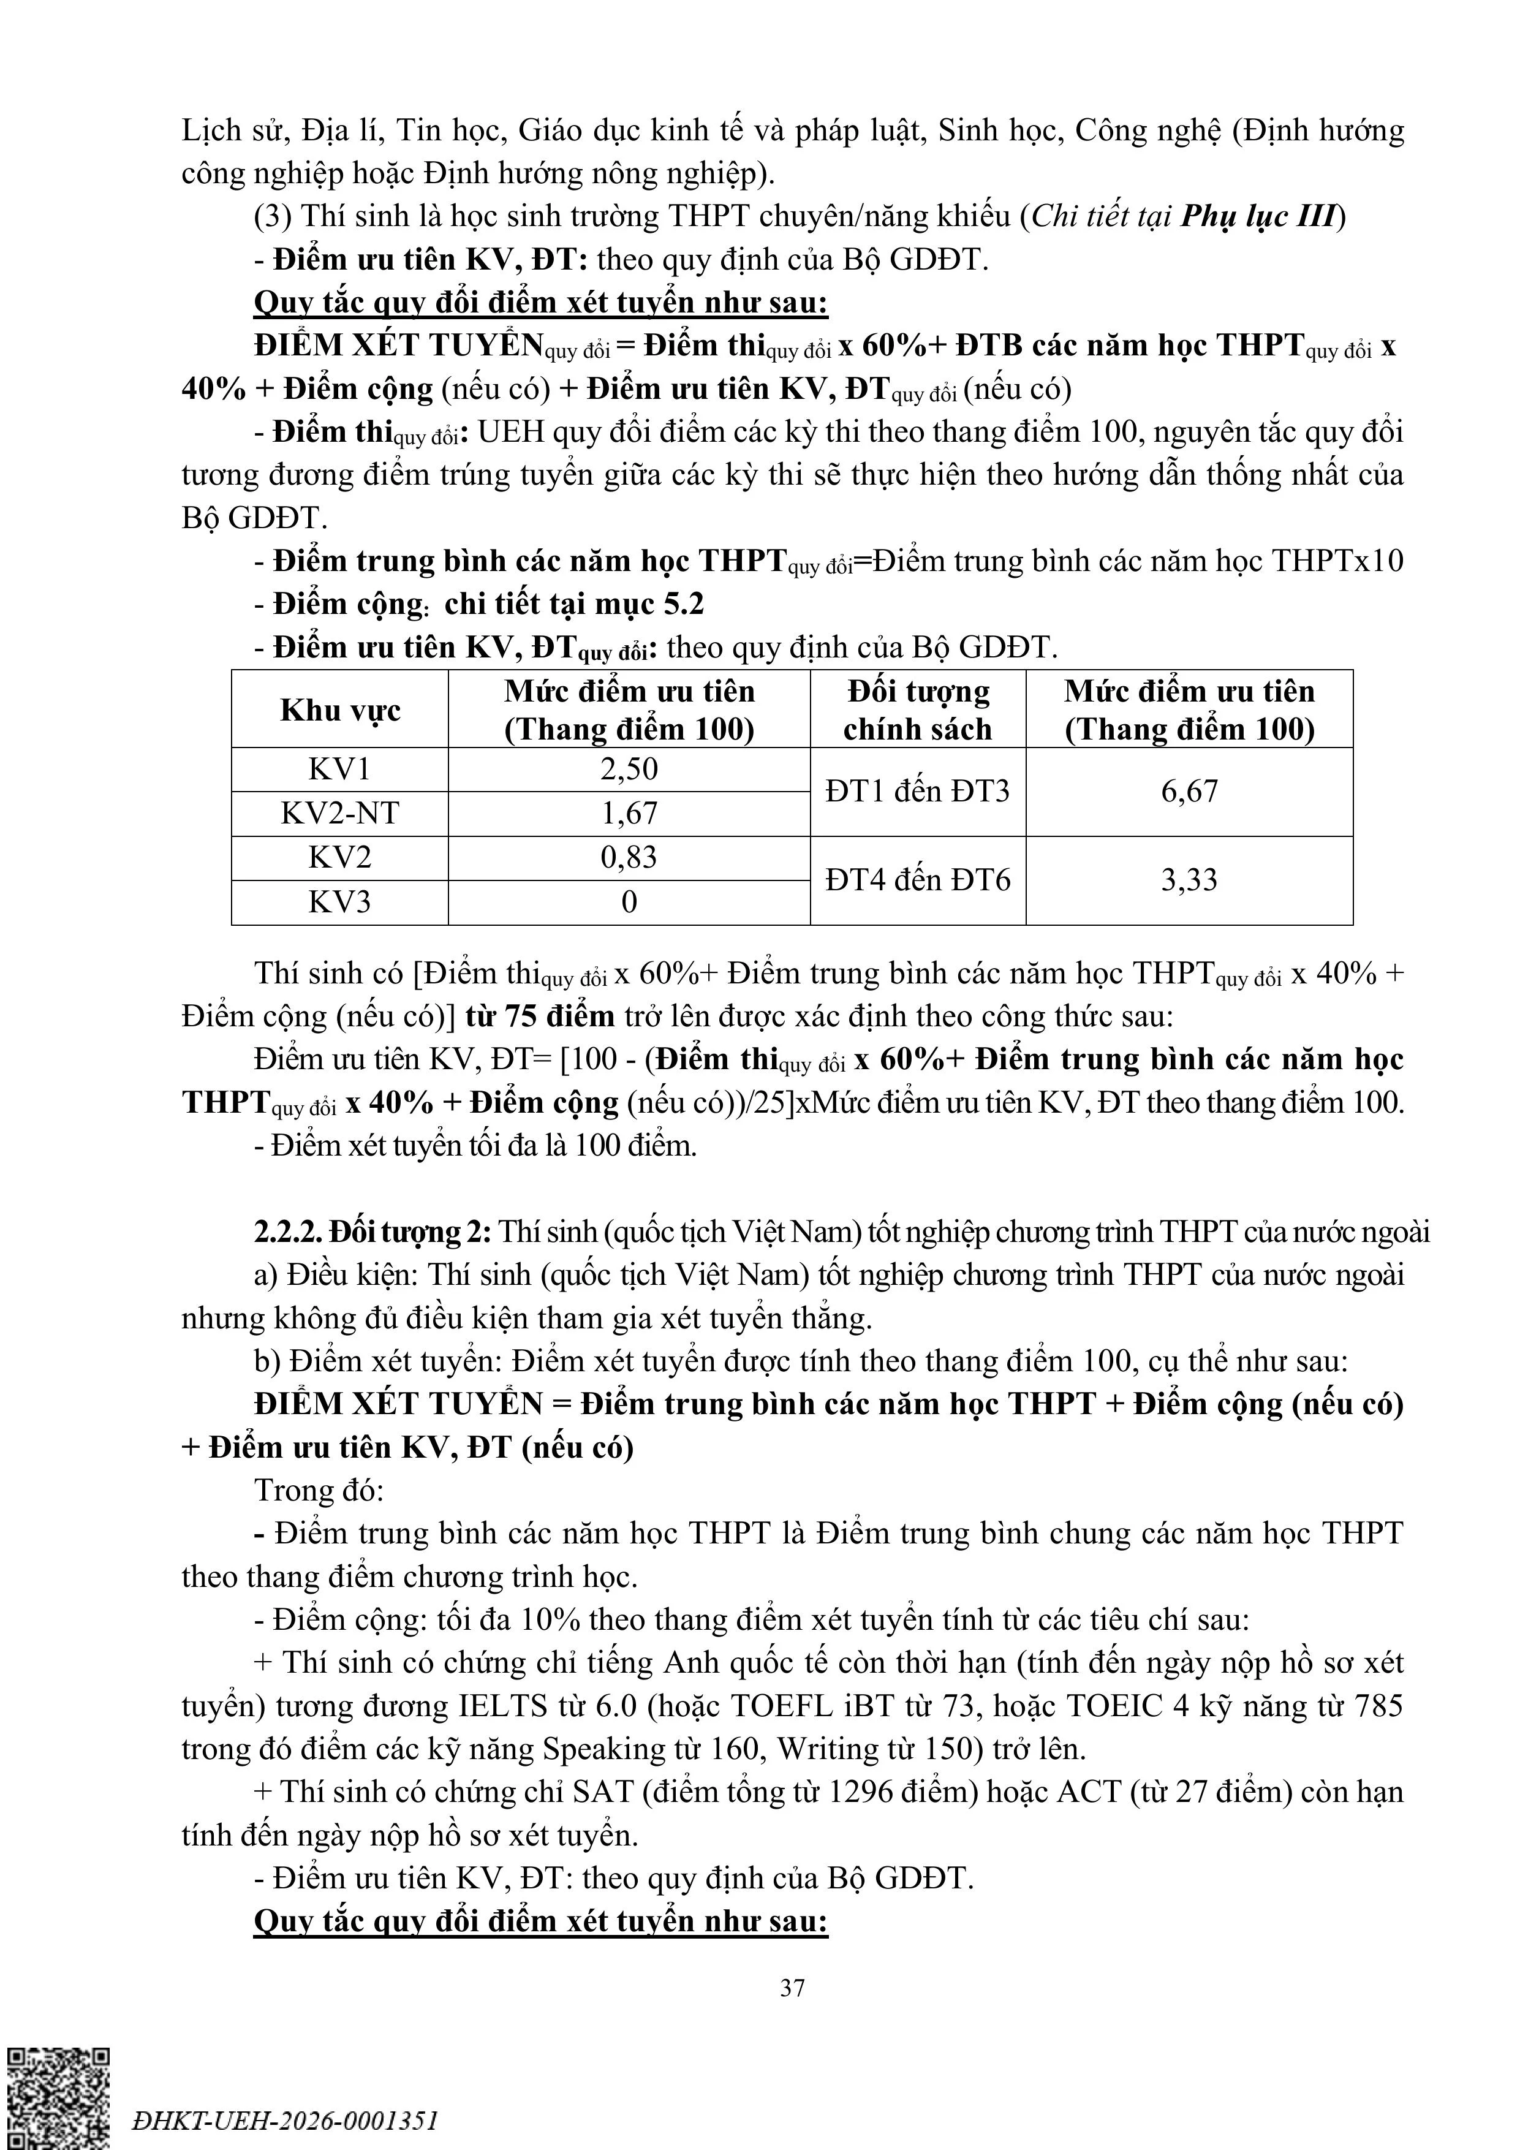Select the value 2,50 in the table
(629, 770)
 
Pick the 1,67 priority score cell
(629, 814)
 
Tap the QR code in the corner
(58, 2097)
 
